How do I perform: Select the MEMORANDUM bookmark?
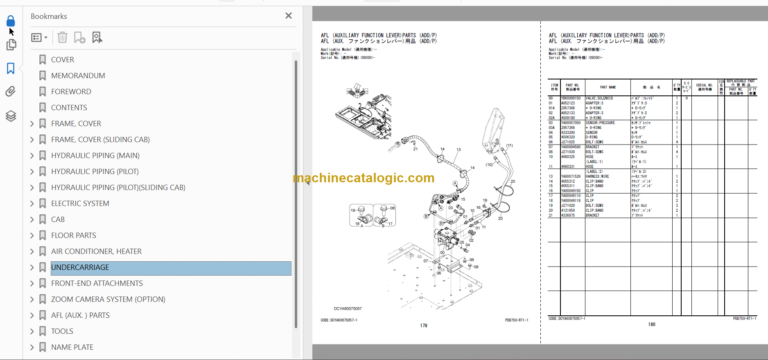coord(78,76)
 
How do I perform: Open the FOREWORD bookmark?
coord(71,92)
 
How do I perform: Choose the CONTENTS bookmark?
coord(69,108)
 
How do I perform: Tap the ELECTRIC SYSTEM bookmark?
coord(80,203)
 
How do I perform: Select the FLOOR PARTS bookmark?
coord(77,235)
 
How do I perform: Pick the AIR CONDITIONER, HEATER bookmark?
coord(95,251)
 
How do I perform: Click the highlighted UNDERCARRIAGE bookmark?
coord(80,268)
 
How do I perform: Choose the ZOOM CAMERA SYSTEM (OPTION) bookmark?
coord(108,299)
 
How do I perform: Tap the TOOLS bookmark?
coord(62,331)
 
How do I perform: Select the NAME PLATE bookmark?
coord(73,347)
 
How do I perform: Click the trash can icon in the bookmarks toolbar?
coord(62,38)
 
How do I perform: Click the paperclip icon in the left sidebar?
coord(11,91)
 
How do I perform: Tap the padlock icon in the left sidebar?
coord(11,21)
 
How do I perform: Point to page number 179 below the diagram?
coord(423,325)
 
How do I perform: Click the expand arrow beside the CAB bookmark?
coord(32,219)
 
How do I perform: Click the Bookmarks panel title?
coord(49,17)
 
